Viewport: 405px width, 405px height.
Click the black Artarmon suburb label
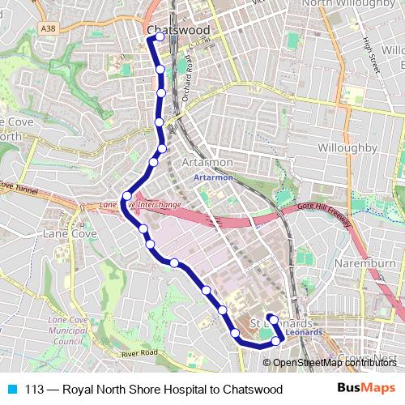click(x=207, y=161)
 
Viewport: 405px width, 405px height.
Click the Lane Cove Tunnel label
click(x=18, y=187)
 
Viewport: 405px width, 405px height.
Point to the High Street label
click(x=370, y=57)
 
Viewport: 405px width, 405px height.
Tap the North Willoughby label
click(x=352, y=4)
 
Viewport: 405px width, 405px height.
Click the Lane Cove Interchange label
click(x=139, y=206)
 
